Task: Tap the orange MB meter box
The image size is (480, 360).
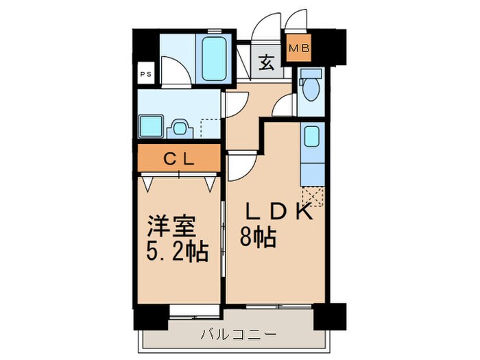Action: click(x=298, y=48)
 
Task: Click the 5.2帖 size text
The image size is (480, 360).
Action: click(x=177, y=251)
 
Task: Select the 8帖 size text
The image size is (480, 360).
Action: click(x=258, y=238)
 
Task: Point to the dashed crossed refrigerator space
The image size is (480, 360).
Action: click(x=312, y=197)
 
